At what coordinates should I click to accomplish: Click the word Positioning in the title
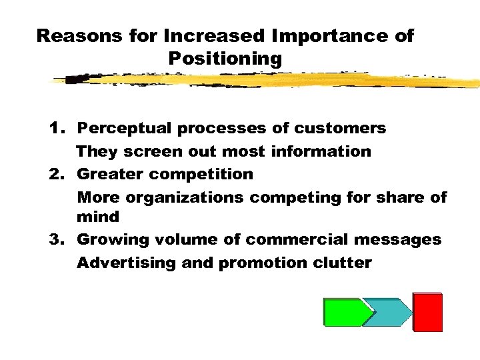225,59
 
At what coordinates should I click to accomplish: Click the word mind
98,217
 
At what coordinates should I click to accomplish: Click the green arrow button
345,312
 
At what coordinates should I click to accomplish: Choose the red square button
427,312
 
